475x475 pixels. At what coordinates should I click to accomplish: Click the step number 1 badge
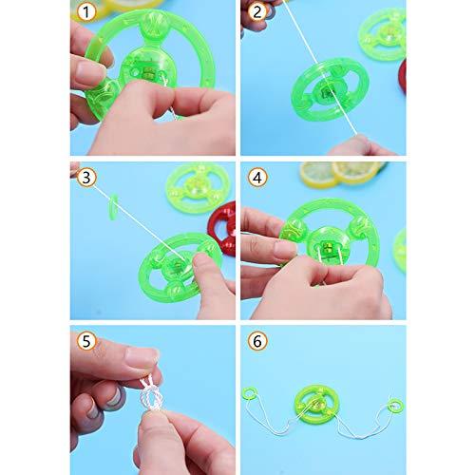point(86,12)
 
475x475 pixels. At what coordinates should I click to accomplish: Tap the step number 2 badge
point(257,12)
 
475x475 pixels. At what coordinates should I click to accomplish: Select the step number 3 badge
point(86,178)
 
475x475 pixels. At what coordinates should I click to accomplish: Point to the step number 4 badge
point(257,178)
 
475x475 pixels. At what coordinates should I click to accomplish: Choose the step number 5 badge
point(86,341)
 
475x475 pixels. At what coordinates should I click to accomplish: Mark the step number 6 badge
point(257,341)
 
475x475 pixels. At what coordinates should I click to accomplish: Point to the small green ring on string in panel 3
point(111,208)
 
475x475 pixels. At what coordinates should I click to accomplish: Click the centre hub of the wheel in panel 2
point(327,90)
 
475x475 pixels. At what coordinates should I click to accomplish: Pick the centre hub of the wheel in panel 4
point(325,245)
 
